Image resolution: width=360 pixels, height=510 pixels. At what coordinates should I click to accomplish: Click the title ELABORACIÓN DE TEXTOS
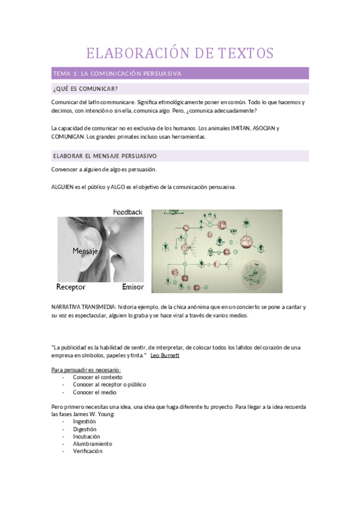[x=180, y=53]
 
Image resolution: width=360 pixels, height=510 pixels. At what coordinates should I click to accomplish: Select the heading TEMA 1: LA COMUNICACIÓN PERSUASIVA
[x=117, y=73]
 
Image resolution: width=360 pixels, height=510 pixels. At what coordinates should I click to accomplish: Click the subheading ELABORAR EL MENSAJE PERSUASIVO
[x=105, y=156]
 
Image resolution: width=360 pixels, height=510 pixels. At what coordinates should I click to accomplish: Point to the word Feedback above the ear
[x=127, y=212]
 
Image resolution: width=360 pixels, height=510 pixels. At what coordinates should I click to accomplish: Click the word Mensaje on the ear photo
[x=85, y=250]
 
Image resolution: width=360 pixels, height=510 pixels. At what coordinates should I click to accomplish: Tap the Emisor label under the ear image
[x=132, y=286]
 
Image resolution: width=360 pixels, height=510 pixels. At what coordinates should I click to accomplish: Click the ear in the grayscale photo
[x=99, y=241]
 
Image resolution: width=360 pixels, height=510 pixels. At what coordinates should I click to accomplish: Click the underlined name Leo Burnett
[x=165, y=355]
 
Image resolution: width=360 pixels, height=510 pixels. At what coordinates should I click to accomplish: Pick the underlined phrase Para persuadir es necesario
[x=87, y=370]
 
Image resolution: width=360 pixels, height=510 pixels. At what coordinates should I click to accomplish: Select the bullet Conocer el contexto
[x=97, y=377]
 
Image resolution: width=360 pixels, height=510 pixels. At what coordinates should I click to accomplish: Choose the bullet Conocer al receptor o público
[x=109, y=384]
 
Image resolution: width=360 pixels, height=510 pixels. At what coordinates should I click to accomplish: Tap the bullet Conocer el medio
[x=94, y=392]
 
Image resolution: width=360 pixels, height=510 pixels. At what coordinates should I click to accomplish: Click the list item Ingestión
[x=85, y=422]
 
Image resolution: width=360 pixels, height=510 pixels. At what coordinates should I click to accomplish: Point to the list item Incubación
[x=87, y=436]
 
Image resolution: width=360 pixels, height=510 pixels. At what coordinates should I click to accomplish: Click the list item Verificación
[x=88, y=450]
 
